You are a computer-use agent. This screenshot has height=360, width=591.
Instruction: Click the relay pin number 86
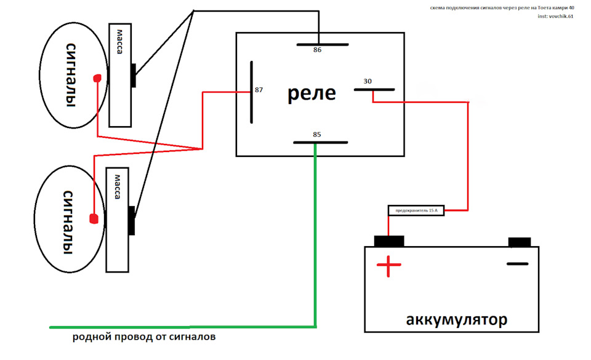pos(317,50)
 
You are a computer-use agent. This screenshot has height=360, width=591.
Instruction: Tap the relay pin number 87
pos(259,90)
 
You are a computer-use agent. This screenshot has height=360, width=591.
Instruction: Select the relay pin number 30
pos(368,81)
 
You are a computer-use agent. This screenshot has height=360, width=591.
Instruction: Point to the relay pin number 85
pos(316,134)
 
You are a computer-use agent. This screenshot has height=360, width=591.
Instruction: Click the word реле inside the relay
pos(312,94)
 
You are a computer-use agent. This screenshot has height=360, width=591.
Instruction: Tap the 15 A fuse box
pos(416,210)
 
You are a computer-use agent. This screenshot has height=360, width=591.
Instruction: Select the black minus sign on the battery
pos(518,264)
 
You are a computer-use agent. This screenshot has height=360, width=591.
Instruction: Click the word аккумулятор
pos(456,320)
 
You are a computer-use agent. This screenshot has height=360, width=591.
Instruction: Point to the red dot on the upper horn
pos(97,78)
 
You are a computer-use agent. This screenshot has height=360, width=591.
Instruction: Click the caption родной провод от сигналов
pos(144,338)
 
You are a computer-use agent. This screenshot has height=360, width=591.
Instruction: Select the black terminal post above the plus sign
pos(389,241)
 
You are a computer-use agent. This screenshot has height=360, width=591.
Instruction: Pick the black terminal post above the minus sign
pos(519,242)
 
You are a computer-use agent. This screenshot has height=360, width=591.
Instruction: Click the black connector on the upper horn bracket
pos(133,76)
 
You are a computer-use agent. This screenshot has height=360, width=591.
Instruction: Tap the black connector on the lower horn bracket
pos(131,220)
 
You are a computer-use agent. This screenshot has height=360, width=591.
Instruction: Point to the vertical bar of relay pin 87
pos(251,92)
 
